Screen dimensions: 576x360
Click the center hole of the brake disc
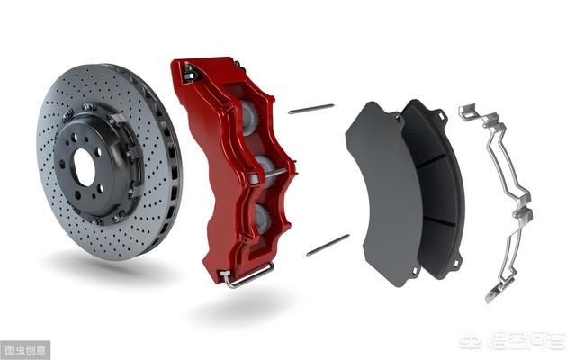pyautogui.click(x=84, y=167)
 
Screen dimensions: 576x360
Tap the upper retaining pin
pyautogui.click(x=311, y=109)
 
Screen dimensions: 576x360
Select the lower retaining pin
pyautogui.click(x=328, y=245)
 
